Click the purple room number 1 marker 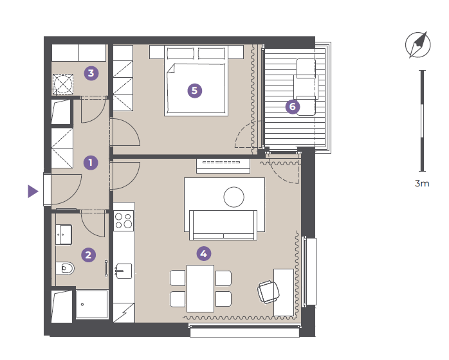pyautogui.click(x=91, y=163)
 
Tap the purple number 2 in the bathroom pyautogui.click(x=89, y=255)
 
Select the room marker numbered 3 pyautogui.click(x=91, y=73)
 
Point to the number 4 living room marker pyautogui.click(x=204, y=253)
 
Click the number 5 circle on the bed pyautogui.click(x=195, y=91)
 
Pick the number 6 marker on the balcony pyautogui.click(x=293, y=107)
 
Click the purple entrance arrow pyautogui.click(x=33, y=191)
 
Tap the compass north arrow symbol pyautogui.click(x=418, y=44)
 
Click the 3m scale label pyautogui.click(x=422, y=183)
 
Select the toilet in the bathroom pyautogui.click(x=65, y=269)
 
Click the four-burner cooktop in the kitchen pyautogui.click(x=124, y=221)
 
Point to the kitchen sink pyautogui.click(x=124, y=271)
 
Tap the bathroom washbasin pyautogui.click(x=64, y=235)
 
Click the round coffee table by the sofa pyautogui.click(x=234, y=197)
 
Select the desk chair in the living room pyautogui.click(x=268, y=292)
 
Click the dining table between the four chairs pyautogui.click(x=201, y=289)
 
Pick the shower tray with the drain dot pyautogui.click(x=92, y=305)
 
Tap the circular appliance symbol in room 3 pyautogui.click(x=63, y=84)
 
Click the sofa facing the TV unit pyautogui.click(x=223, y=225)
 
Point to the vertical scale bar pyautogui.click(x=423, y=121)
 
